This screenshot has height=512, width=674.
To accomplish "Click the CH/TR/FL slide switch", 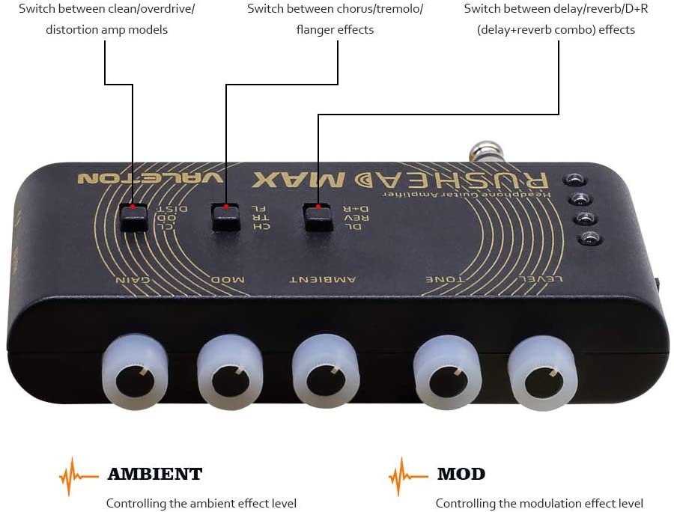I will pyautogui.click(x=225, y=217).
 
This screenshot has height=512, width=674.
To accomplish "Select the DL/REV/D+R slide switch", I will pyautogui.click(x=318, y=217).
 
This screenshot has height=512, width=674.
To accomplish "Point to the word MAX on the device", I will pyautogui.click(x=299, y=180).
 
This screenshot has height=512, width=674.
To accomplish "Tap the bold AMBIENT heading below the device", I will pyautogui.click(x=154, y=474).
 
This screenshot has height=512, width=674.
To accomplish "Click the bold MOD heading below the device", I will pyautogui.click(x=461, y=474).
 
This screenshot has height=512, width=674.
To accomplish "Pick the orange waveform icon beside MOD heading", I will pyautogui.click(x=407, y=475).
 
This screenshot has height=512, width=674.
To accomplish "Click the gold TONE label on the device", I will pyautogui.click(x=446, y=279).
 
